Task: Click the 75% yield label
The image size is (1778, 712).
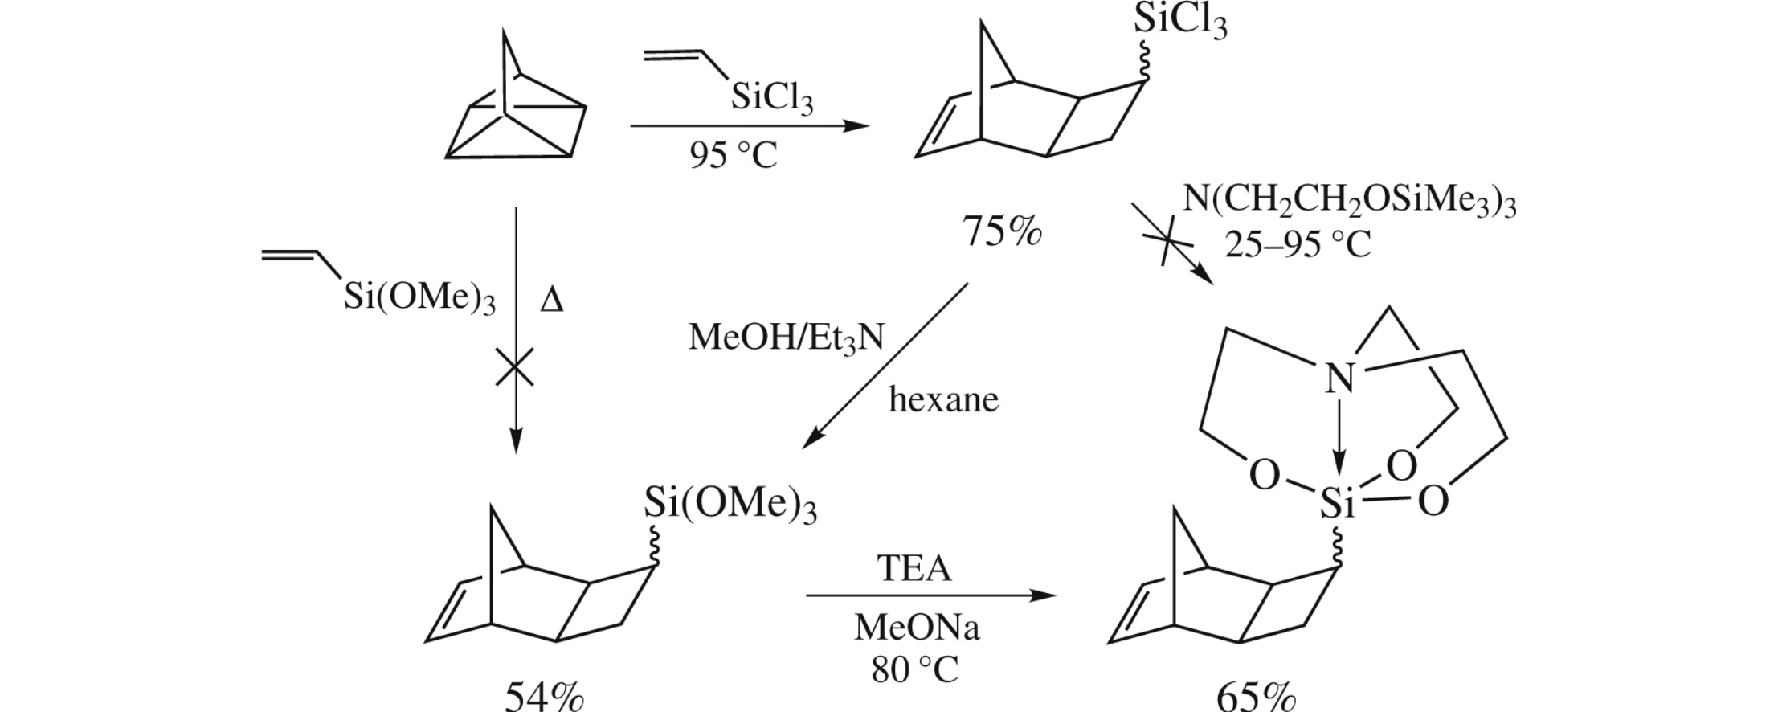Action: pyautogui.click(x=1002, y=233)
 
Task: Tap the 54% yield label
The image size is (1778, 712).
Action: pyautogui.click(x=543, y=696)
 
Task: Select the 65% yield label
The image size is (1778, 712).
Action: pyautogui.click(x=1256, y=696)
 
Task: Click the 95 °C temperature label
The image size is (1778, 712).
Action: pyautogui.click(x=733, y=155)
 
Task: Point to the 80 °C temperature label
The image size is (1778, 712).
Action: pyautogui.click(x=916, y=669)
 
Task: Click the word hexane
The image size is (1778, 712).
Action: pyautogui.click(x=943, y=399)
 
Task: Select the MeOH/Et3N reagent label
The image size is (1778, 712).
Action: pyautogui.click(x=786, y=338)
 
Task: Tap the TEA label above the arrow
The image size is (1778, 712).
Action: pyautogui.click(x=914, y=569)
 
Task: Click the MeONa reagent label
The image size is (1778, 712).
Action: pyautogui.click(x=917, y=628)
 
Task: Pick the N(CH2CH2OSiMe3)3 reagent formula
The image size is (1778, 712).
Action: pyautogui.click(x=1350, y=202)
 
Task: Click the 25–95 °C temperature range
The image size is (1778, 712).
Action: pyautogui.click(x=1298, y=244)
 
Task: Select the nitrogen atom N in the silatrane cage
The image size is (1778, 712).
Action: pyautogui.click(x=1339, y=378)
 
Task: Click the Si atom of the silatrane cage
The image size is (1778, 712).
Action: pyautogui.click(x=1338, y=505)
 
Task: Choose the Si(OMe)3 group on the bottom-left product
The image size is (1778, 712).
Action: pyautogui.click(x=730, y=506)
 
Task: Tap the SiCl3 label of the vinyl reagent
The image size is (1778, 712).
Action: pyautogui.click(x=771, y=100)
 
